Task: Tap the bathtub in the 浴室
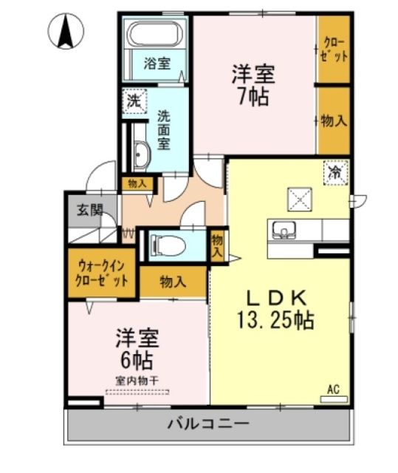tap(157, 35)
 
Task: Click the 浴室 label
tap(157, 64)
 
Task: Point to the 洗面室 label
tap(165, 130)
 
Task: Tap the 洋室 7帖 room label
tap(253, 84)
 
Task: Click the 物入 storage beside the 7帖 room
tap(334, 120)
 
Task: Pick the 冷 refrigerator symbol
tap(334, 174)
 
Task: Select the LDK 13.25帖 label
tap(275, 310)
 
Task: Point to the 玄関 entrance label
tap(85, 208)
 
